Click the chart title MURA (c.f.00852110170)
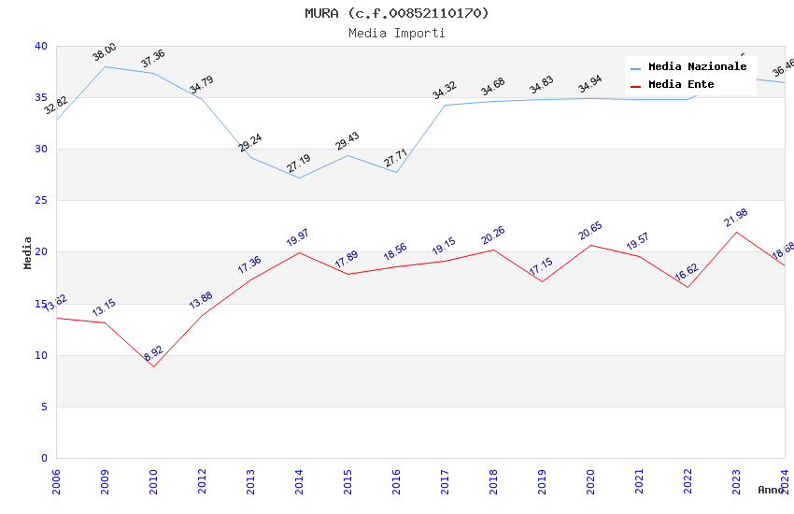(x=396, y=13)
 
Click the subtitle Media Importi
(x=396, y=33)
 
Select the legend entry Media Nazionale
(x=697, y=67)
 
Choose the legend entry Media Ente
(x=681, y=85)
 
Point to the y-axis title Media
(x=28, y=252)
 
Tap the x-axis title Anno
(x=771, y=490)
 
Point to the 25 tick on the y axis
(x=41, y=201)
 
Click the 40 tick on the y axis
(x=41, y=47)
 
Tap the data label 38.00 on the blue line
(x=104, y=52)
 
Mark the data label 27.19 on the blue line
(x=298, y=164)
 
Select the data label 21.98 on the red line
(x=735, y=219)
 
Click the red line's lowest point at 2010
(x=153, y=366)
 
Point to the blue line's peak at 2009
(x=105, y=66)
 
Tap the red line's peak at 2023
(x=736, y=232)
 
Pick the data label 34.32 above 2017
(x=444, y=91)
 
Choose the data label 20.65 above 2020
(x=589, y=232)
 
